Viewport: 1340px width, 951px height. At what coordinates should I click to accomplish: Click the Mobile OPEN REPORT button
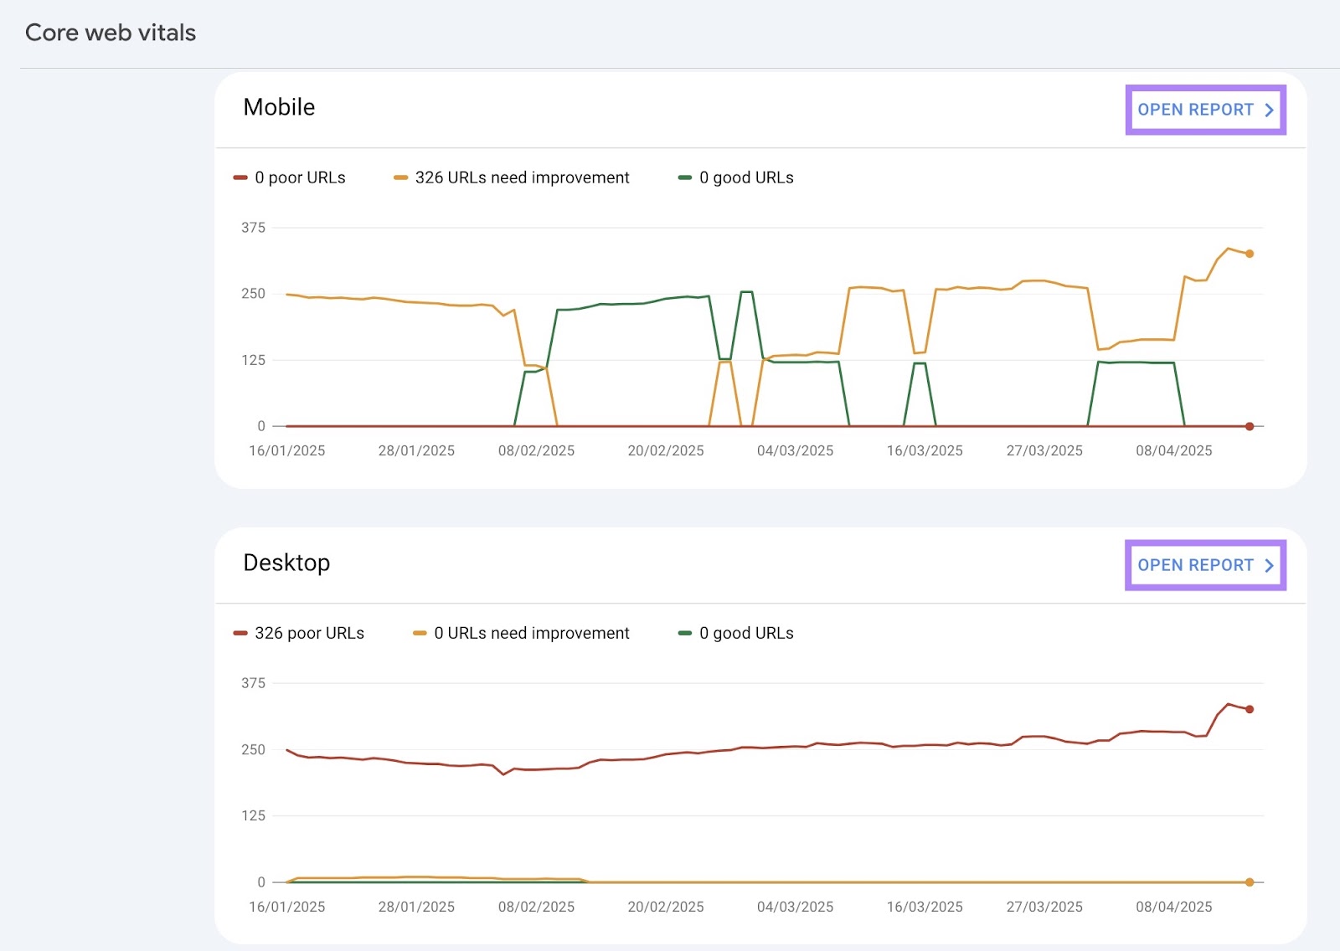tap(1204, 110)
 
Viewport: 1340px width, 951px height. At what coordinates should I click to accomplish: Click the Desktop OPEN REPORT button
tap(1204, 565)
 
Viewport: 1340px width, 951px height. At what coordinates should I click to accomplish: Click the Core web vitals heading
tap(111, 33)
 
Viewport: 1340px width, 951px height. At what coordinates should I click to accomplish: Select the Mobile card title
tap(279, 107)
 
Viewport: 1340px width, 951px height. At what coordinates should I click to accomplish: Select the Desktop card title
tap(286, 563)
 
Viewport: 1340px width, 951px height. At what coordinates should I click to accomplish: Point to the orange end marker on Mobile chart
tap(1250, 254)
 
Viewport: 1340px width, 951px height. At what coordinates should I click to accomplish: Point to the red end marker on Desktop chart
tap(1250, 709)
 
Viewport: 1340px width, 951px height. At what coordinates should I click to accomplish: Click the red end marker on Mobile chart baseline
tap(1250, 426)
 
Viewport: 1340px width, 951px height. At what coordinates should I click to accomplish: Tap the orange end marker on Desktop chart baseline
tap(1250, 882)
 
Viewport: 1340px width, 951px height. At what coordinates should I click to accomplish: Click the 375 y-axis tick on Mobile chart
tap(253, 228)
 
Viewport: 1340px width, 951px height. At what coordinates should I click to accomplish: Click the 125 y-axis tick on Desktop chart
tap(253, 815)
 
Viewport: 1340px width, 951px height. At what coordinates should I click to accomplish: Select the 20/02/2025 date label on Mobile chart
tap(666, 450)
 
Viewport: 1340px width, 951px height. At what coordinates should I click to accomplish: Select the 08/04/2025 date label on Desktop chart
tap(1173, 907)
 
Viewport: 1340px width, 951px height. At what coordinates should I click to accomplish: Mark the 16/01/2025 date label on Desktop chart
tap(287, 907)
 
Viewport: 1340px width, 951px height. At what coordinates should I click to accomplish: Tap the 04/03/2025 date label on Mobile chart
tap(795, 450)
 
